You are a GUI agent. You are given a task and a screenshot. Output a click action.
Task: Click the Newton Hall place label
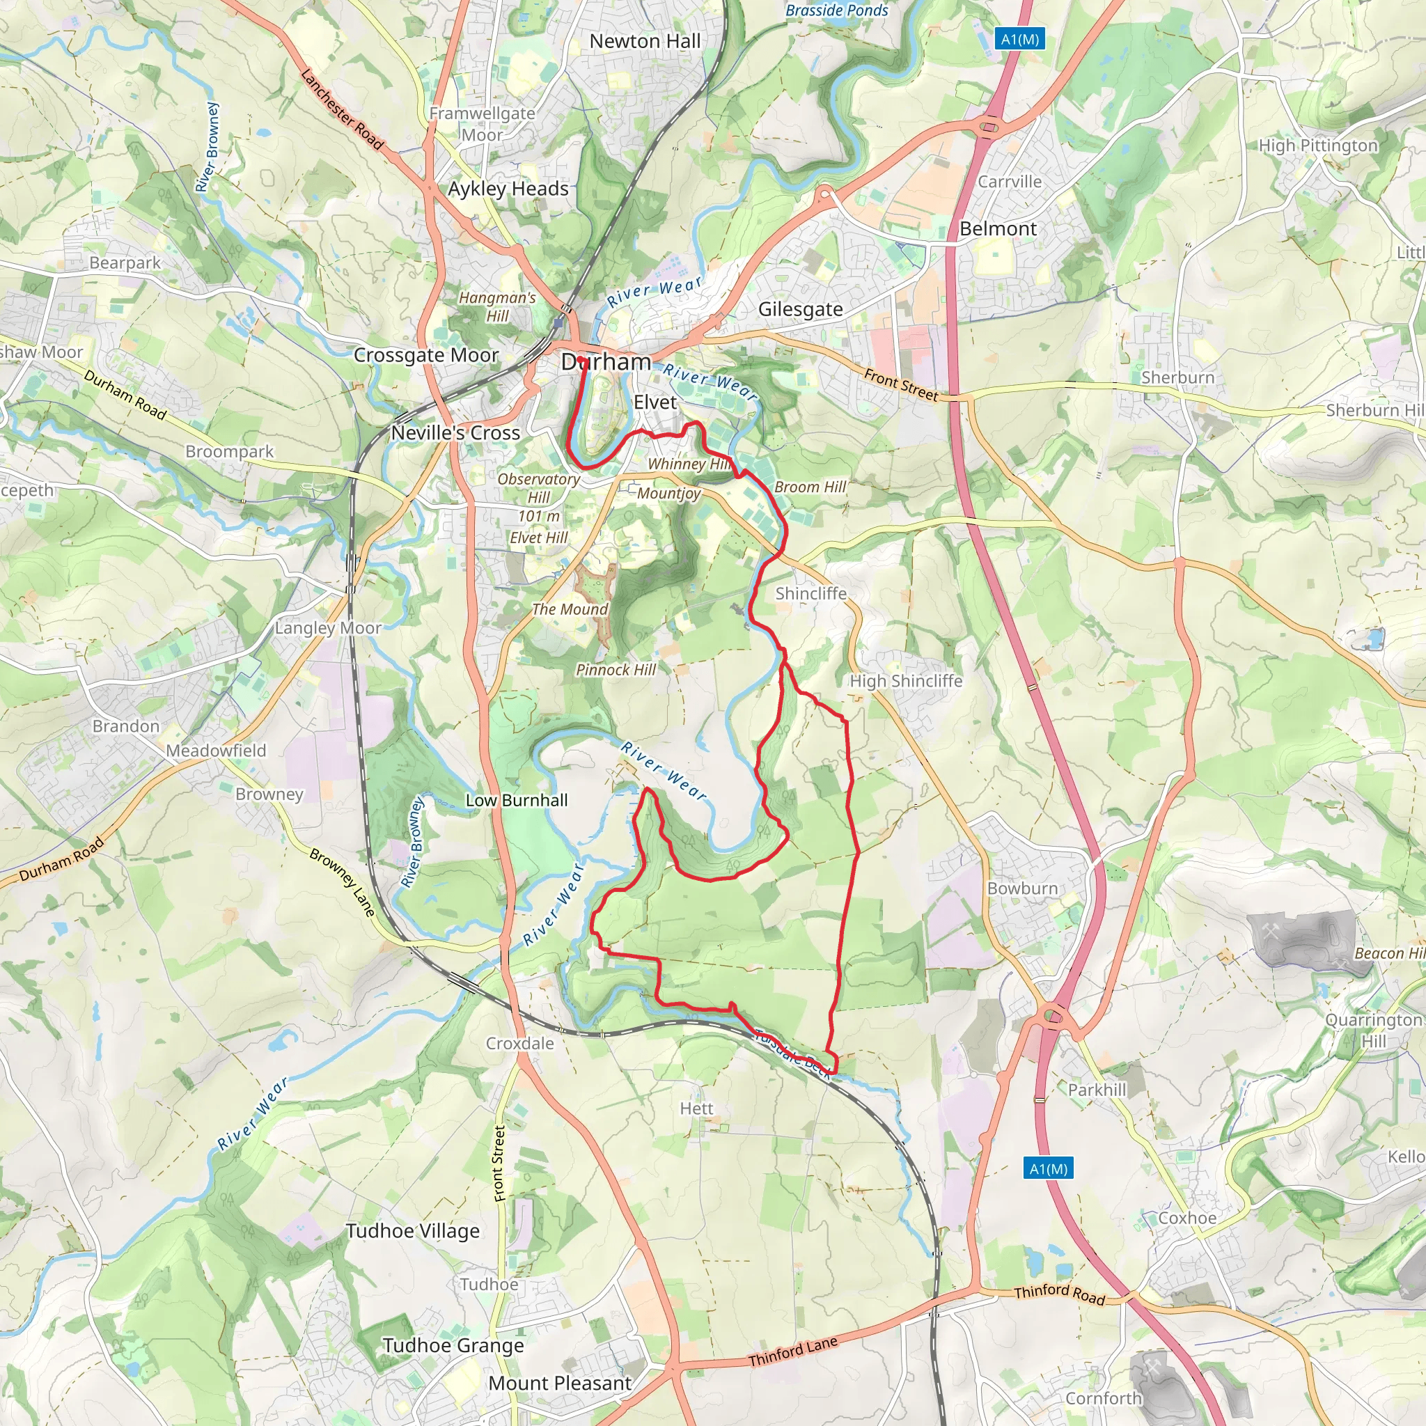tap(644, 41)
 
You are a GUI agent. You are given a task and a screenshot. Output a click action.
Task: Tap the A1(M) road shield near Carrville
tap(1020, 39)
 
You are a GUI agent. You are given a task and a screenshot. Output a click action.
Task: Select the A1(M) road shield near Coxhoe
tap(1048, 1168)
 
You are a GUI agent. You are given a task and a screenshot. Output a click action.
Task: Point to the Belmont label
tap(998, 229)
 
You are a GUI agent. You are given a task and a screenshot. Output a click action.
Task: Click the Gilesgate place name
tap(800, 309)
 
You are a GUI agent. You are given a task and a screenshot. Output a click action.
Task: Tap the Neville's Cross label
tap(455, 432)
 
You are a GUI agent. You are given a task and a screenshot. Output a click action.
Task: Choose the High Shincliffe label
tap(906, 680)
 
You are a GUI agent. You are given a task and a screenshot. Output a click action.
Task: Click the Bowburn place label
tap(1022, 888)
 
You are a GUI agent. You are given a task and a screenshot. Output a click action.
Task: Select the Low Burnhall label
tap(517, 800)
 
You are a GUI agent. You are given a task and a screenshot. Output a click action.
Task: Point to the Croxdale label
tap(519, 1043)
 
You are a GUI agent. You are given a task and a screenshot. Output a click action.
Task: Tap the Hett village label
tap(696, 1108)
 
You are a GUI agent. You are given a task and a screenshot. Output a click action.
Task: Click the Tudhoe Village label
tap(413, 1231)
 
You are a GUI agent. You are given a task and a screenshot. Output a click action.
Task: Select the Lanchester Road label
tap(343, 109)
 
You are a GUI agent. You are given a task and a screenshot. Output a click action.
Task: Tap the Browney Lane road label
tap(343, 882)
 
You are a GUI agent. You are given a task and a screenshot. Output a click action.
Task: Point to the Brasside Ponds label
tap(836, 10)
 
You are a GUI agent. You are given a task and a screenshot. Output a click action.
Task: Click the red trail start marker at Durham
tap(581, 361)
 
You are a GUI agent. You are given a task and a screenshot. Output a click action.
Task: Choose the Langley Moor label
tap(328, 627)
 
